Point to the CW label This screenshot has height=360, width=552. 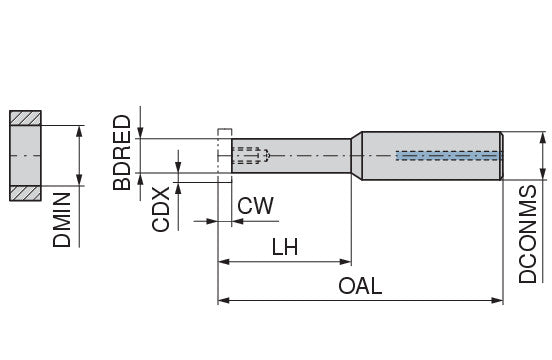pyautogui.click(x=256, y=207)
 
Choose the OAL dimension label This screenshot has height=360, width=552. pyautogui.click(x=360, y=286)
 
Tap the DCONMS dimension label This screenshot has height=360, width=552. pyautogui.click(x=529, y=233)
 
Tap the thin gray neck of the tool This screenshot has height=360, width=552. pyautogui.click(x=300, y=155)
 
